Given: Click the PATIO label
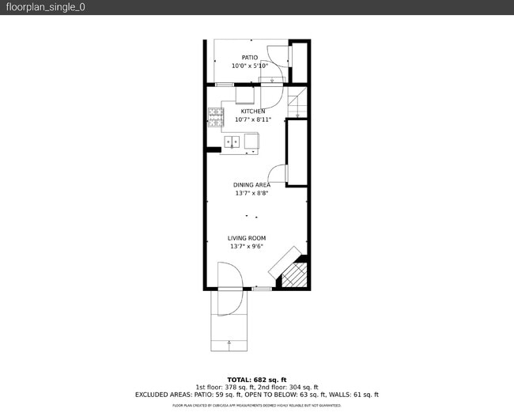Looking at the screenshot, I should [250, 58].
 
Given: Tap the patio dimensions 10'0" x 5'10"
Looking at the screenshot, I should [250, 66].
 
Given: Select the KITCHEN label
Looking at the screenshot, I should [253, 112].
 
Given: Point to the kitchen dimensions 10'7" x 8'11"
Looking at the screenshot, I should [253, 120].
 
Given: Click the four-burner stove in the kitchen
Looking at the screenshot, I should [216, 117].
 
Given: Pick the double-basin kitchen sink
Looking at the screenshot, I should [232, 142].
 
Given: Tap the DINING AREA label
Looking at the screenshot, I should [251, 185].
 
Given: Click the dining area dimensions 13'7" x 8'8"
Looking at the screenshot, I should [251, 194].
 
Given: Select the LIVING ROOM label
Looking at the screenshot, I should [247, 238].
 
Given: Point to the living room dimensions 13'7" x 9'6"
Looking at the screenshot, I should [247, 247].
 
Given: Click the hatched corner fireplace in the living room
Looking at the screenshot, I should [293, 274].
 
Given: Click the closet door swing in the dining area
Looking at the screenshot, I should [278, 175].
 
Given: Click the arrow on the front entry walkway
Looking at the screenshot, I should [229, 343].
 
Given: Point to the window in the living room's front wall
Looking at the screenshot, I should [262, 289].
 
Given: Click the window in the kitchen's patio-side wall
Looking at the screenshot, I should [225, 84].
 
